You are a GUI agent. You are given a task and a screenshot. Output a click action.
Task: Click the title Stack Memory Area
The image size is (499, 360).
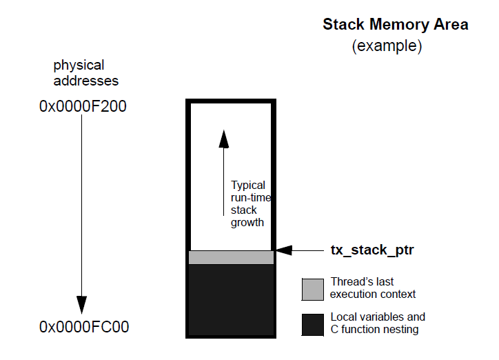[x=395, y=25]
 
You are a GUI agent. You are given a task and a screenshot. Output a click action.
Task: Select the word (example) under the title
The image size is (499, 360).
[x=387, y=47]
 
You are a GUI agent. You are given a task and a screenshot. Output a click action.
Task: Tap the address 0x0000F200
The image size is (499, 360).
[x=83, y=107]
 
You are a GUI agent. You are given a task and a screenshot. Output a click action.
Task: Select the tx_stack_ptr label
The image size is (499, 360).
[x=371, y=250]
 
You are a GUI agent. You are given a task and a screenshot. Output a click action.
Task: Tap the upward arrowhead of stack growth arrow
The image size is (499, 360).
[x=223, y=139]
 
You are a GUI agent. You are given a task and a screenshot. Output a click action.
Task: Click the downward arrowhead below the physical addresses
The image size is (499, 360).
[x=82, y=304]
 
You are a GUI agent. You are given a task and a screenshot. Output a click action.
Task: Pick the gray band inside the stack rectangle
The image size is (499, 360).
[x=231, y=257]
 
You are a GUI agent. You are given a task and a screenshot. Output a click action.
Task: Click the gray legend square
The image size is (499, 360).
[x=312, y=288]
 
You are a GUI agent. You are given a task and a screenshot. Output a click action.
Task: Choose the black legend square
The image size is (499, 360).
[x=312, y=324]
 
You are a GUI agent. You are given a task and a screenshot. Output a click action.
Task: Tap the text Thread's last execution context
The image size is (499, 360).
[x=373, y=288]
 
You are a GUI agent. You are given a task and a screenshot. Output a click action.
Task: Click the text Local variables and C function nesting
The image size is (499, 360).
[x=378, y=323]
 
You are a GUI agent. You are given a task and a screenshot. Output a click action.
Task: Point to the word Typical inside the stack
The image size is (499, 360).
[x=248, y=186]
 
